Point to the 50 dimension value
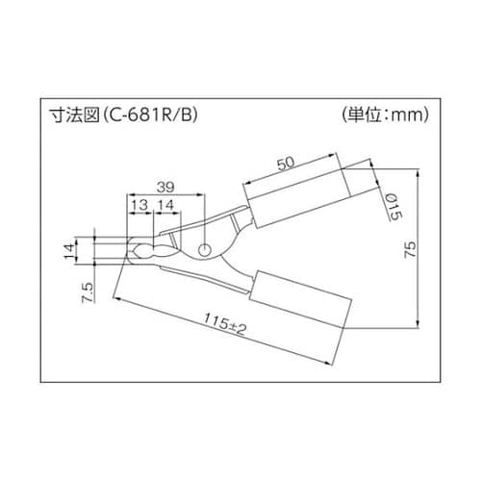tap(286, 164)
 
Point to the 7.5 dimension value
tap(88, 290)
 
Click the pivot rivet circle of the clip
tap(202, 249)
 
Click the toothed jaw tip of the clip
tap(139, 252)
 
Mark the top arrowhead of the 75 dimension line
tap(420, 175)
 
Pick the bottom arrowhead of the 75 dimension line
tap(420, 326)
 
